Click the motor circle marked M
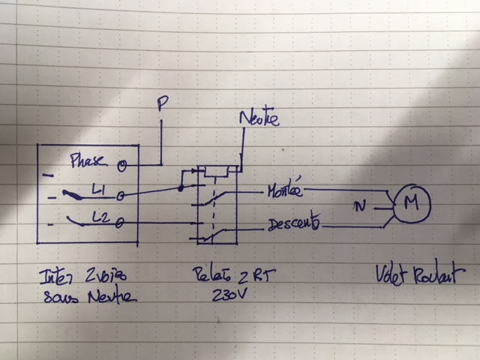tap(409, 201)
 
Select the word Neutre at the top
tap(259, 119)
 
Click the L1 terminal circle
tap(121, 195)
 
